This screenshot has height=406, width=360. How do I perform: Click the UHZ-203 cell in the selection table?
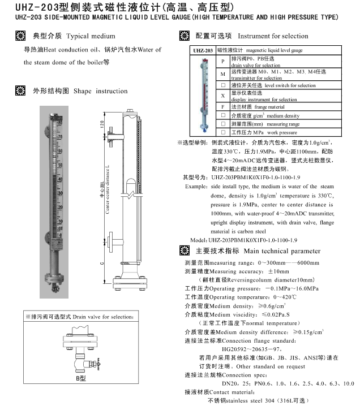(x=199, y=50)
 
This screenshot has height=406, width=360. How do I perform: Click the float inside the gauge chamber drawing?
(x=131, y=186)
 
